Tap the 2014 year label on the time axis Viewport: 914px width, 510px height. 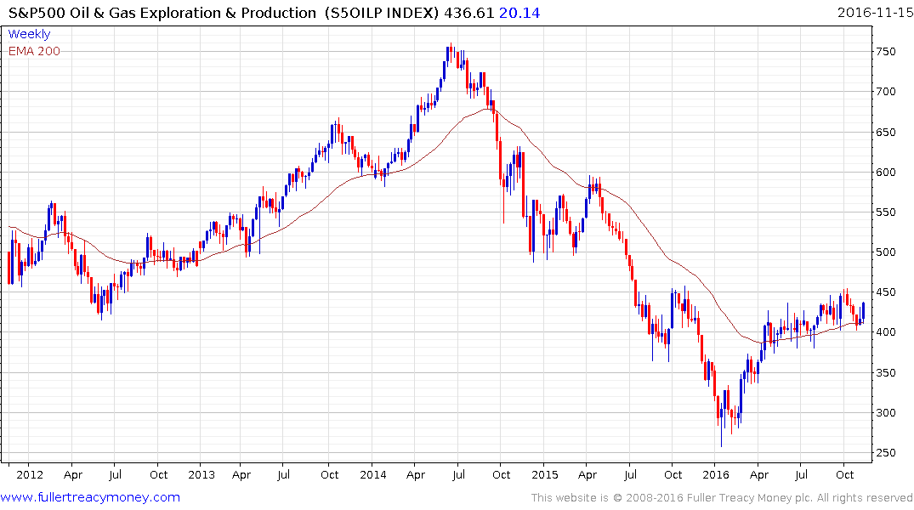click(x=373, y=475)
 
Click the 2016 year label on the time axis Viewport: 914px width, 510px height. click(x=716, y=475)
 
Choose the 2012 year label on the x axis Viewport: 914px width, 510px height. click(x=30, y=475)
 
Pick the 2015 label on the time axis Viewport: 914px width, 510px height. click(x=544, y=475)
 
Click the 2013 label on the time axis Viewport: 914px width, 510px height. click(x=202, y=475)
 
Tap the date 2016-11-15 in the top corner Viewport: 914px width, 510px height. click(x=871, y=12)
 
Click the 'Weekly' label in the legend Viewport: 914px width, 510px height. click(x=29, y=34)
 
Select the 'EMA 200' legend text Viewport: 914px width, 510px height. click(x=34, y=51)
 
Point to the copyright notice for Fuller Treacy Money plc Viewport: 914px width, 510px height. click(x=722, y=497)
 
